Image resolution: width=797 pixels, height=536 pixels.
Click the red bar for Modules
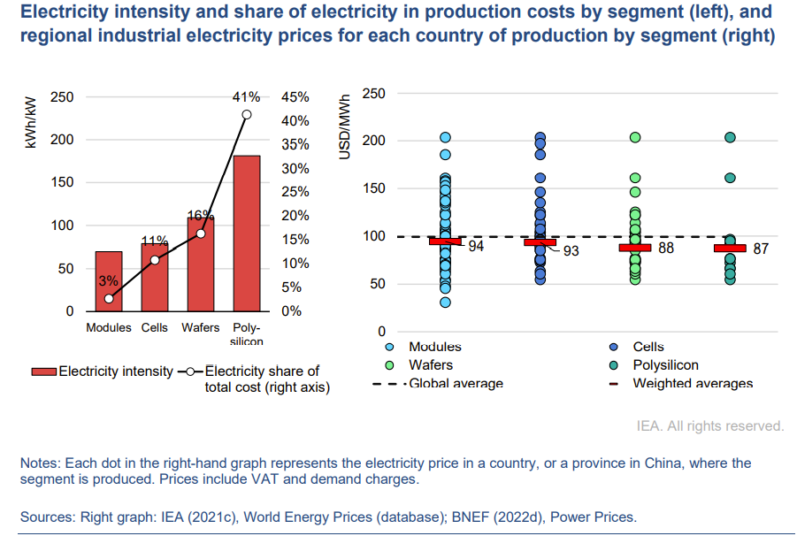(x=109, y=281)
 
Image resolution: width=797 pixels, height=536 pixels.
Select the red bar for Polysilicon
(x=247, y=234)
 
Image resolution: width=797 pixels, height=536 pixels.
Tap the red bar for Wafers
(x=201, y=264)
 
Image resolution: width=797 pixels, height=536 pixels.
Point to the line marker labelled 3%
(x=109, y=298)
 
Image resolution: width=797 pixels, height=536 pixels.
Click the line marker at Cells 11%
(x=155, y=260)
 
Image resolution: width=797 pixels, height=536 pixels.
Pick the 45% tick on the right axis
(x=295, y=97)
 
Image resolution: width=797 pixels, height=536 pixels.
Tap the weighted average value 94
(x=476, y=247)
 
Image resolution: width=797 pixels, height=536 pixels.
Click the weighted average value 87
(x=761, y=249)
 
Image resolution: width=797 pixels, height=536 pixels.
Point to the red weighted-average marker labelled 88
(x=635, y=248)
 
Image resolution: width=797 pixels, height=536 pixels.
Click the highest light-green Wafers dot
(x=635, y=138)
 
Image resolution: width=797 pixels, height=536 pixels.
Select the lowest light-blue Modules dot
(x=446, y=302)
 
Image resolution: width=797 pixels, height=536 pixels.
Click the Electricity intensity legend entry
(x=115, y=371)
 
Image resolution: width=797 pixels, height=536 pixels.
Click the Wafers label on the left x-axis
(x=201, y=327)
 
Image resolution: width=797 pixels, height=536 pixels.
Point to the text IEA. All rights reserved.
(x=710, y=426)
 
